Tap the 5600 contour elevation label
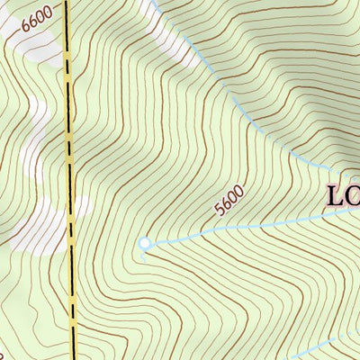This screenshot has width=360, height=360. pyautogui.click(x=229, y=201)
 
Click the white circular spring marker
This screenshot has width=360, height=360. pyautogui.click(x=145, y=242)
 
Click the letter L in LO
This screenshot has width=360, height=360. pyautogui.click(x=336, y=196)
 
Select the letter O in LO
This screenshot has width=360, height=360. pyautogui.click(x=354, y=196)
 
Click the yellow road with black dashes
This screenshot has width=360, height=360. pyautogui.click(x=70, y=180)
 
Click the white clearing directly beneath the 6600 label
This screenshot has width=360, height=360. pyautogui.click(x=31, y=45)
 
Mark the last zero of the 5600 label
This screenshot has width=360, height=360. pyautogui.click(x=239, y=191)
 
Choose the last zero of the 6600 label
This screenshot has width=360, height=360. pyautogui.click(x=56, y=11)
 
